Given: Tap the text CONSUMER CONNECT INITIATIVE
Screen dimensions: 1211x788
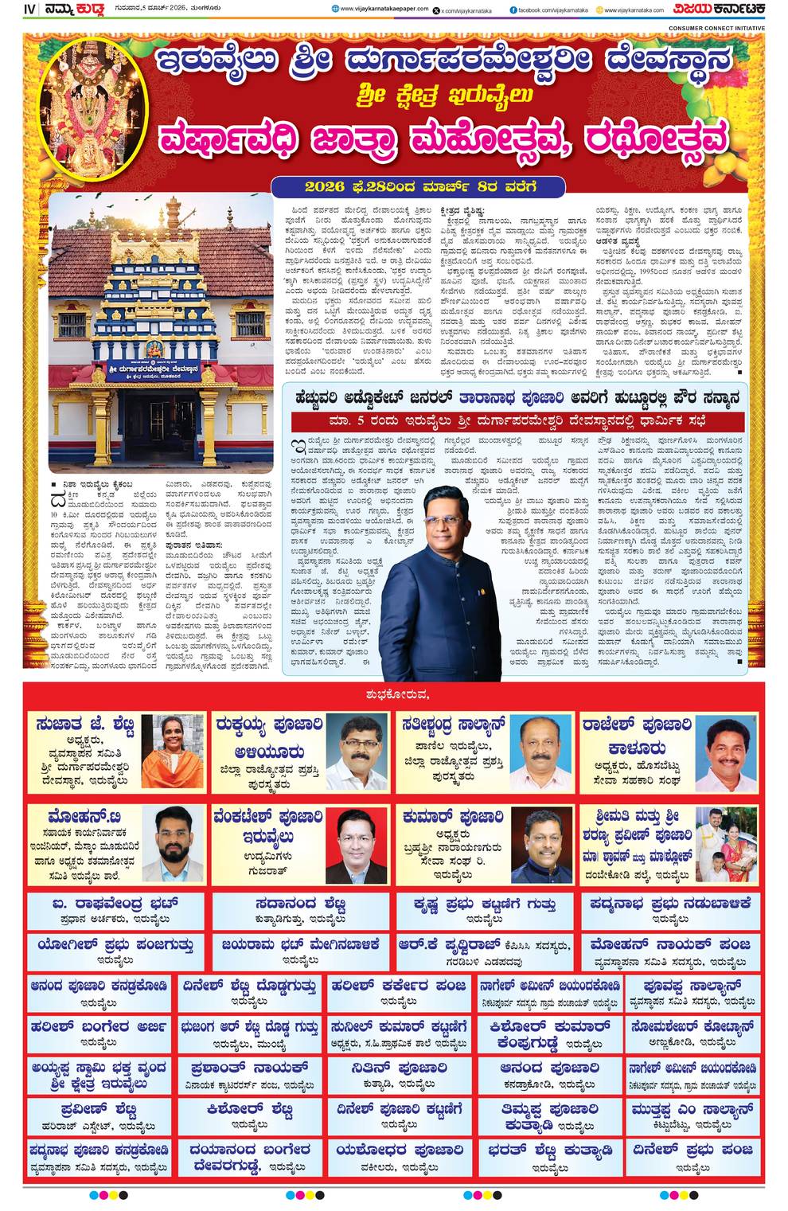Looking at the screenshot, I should [x=716, y=28].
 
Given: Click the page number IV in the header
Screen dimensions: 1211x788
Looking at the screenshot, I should [x=29, y=10].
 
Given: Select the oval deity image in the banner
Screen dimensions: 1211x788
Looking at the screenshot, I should [x=94, y=96].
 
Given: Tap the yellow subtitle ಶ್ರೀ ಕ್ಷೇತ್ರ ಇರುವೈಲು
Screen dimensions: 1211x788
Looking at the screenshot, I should [x=445, y=95].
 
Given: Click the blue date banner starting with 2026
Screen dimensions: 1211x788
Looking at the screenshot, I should [x=418, y=186].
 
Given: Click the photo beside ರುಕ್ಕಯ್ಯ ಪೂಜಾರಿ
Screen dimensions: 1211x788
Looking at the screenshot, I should [x=357, y=752].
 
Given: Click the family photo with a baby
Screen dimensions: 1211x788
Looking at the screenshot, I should [x=725, y=845].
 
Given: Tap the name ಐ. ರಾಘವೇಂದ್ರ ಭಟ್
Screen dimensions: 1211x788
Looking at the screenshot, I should [x=115, y=904].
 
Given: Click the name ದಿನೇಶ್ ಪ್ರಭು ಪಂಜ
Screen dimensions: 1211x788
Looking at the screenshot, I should [x=692, y=1150].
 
